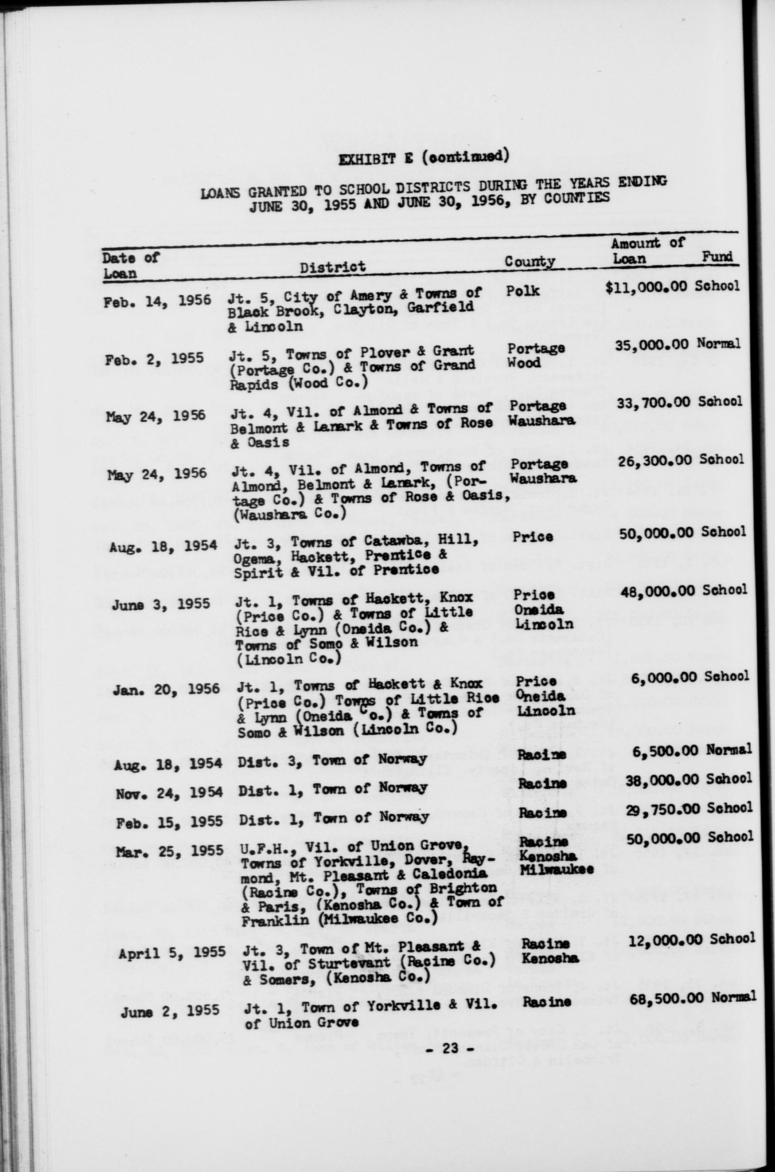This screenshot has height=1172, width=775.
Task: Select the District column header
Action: [333, 267]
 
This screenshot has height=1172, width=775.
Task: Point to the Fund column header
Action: [717, 257]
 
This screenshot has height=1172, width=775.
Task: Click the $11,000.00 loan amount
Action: [646, 287]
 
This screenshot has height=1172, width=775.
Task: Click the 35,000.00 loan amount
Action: [652, 345]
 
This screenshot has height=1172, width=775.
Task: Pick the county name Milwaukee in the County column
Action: [557, 870]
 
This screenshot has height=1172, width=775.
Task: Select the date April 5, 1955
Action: [172, 952]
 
